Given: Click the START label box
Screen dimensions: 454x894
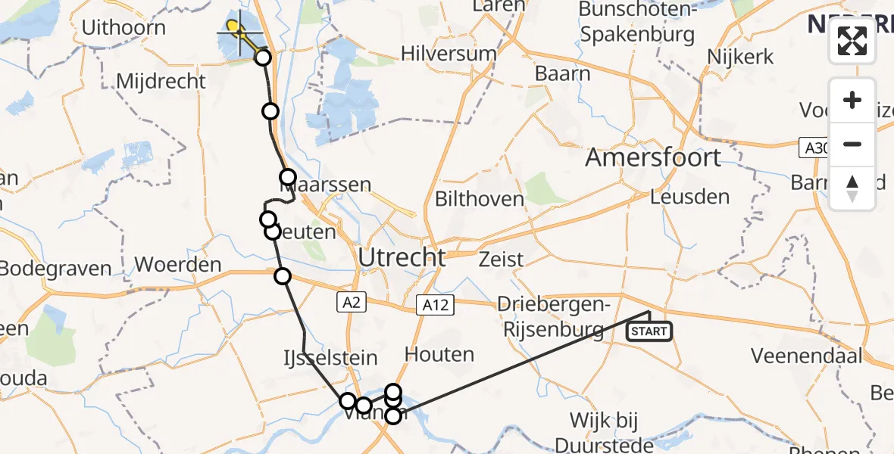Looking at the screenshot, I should click(649, 331).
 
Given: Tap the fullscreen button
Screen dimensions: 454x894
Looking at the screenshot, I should click(852, 41).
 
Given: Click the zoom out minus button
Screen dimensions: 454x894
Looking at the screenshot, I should click(852, 144).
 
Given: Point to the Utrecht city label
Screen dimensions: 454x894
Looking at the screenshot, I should click(402, 257).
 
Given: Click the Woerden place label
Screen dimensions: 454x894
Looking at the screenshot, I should click(178, 266).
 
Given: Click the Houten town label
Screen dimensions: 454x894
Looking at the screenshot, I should click(439, 353).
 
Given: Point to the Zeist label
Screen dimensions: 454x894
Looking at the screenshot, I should click(502, 260).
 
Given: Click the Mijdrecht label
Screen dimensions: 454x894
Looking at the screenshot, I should click(161, 81).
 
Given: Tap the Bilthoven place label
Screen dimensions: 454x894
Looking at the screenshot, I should click(480, 199).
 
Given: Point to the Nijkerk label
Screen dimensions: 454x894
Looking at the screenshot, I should click(739, 57).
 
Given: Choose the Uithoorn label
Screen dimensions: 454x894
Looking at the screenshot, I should click(123, 28).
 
